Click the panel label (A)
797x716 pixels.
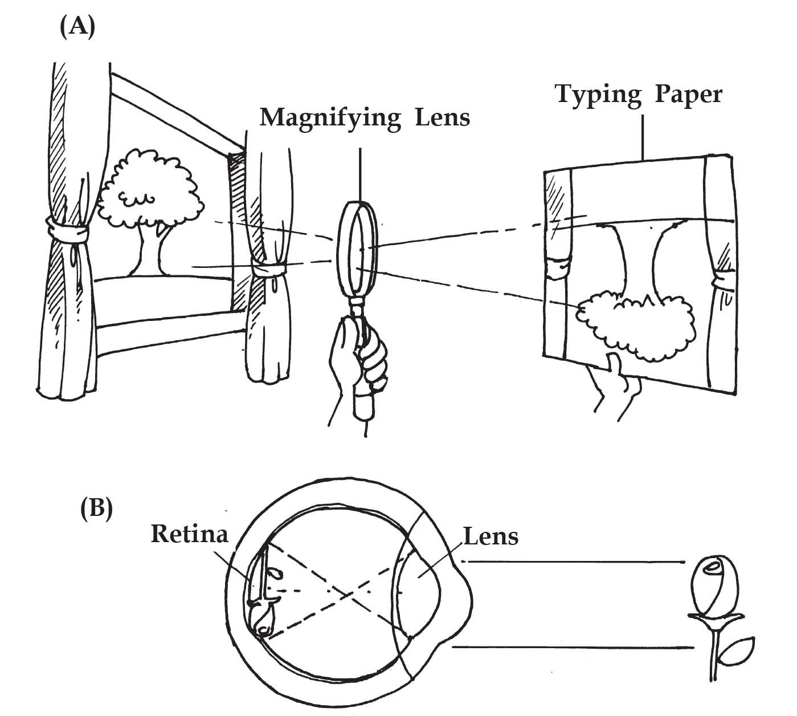[77, 27]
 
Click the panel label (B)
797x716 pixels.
[96, 507]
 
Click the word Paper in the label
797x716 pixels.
[688, 94]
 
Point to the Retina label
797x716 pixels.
[189, 534]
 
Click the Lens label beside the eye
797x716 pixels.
[491, 536]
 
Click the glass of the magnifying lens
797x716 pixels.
[357, 249]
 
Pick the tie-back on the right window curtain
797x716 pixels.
[270, 268]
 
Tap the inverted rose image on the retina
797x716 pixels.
[264, 599]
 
